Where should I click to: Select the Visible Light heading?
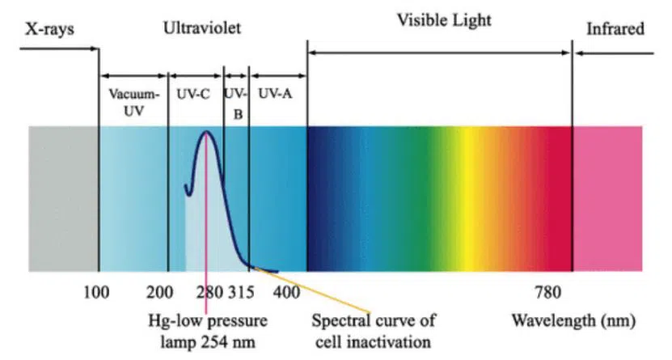point(442,19)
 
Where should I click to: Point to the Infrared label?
point(615,30)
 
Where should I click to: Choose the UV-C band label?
point(193,94)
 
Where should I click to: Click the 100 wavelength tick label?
point(97,291)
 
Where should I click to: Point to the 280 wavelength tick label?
point(209,291)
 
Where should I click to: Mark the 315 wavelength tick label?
point(241,291)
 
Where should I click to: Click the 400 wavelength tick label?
point(285,291)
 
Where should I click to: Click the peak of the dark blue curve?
point(207,132)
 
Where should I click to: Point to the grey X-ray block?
point(63,198)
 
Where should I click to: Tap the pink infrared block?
point(608,198)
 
